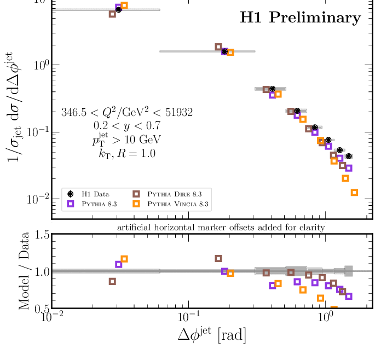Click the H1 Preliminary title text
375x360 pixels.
click(301, 18)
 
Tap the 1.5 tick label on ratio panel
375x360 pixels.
click(37, 236)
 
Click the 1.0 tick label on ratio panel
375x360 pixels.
click(37, 272)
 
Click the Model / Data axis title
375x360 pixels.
click(25, 271)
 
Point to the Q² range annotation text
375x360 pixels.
click(127, 113)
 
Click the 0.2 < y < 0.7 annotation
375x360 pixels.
click(127, 126)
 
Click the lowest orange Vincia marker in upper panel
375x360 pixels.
click(354, 193)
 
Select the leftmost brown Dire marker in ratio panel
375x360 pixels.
click(113, 281)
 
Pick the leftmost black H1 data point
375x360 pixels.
click(119, 9)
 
